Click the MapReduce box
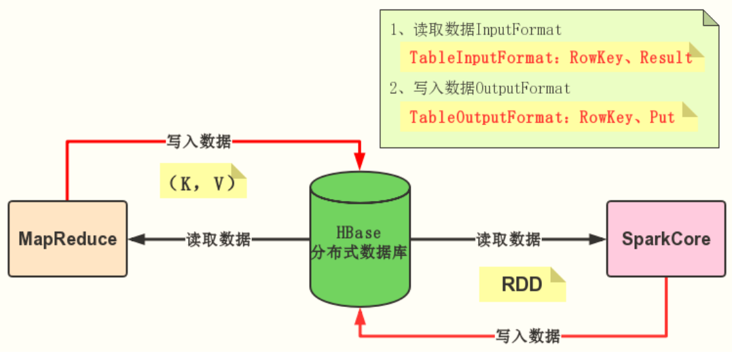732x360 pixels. [67, 239]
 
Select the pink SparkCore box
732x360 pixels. [665, 239]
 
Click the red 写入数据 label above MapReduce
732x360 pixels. [199, 142]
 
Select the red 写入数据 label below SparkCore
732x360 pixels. [528, 336]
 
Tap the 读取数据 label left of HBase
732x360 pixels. [218, 240]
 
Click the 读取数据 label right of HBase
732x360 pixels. [508, 240]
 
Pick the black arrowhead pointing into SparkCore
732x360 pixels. [597, 239]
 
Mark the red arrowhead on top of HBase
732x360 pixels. [360, 161]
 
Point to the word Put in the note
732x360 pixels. [662, 117]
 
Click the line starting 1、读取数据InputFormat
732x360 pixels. [475, 30]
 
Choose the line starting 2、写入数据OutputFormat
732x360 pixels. [480, 89]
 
